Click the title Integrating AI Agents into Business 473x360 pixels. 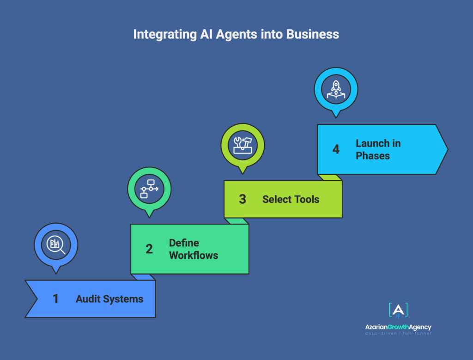236,34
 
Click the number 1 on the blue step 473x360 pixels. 56,299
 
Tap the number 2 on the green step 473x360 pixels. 149,249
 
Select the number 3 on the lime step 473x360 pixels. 243,199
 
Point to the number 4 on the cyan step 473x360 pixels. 336,149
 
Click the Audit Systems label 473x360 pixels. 109,299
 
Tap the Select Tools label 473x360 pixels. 291,199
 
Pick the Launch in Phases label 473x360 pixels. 378,149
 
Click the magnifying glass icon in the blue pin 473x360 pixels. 56,244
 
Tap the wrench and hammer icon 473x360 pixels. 243,145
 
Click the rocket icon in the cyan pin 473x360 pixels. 336,88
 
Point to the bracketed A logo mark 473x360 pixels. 398,311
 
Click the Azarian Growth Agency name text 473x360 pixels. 398,327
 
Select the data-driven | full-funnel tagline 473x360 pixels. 398,334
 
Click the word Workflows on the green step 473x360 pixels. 194,255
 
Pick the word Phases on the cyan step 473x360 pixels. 373,156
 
